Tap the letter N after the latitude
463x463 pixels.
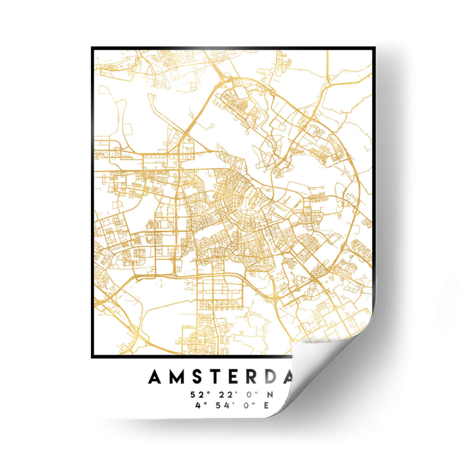267,395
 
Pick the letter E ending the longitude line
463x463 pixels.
267,405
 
